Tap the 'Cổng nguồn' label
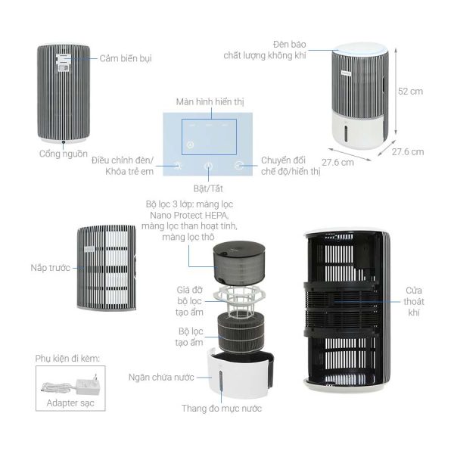tap(63, 154)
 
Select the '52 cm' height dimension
tap(409, 91)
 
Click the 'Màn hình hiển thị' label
tap(210, 101)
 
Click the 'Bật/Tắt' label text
tap(209, 186)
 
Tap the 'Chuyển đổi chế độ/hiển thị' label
tap(291, 166)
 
